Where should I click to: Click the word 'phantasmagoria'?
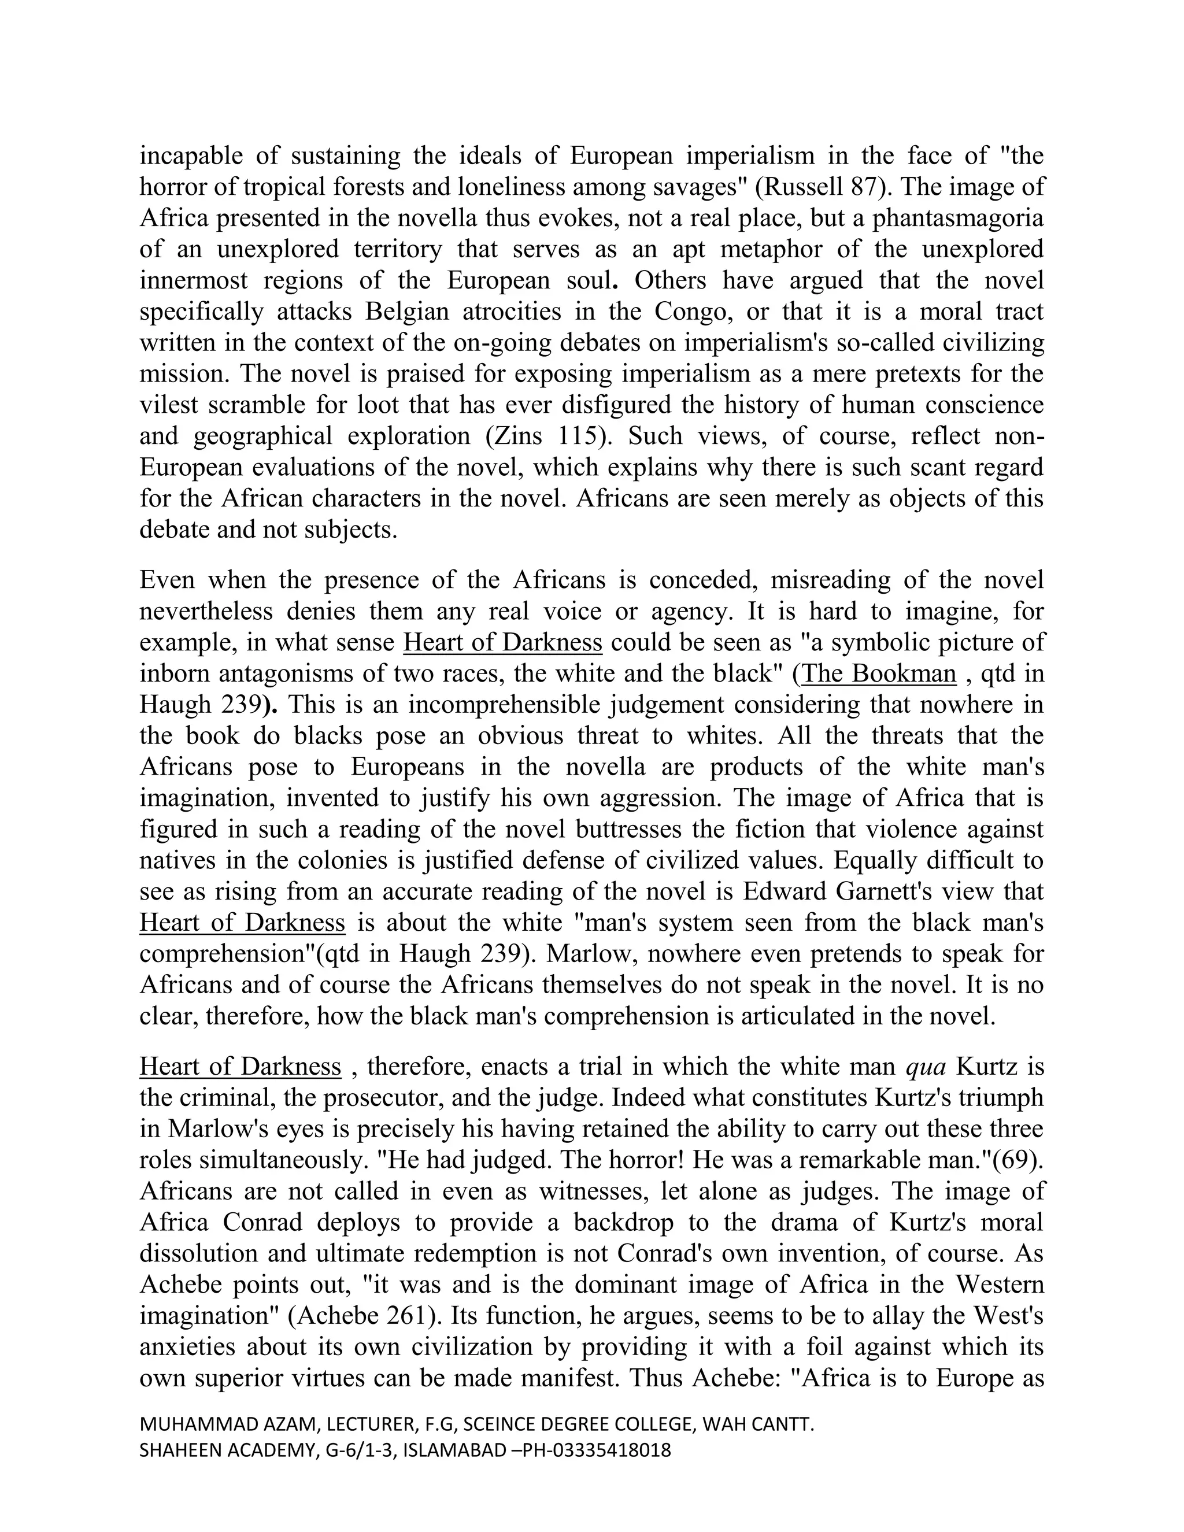coord(957,218)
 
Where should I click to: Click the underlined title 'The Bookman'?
coord(879,674)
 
